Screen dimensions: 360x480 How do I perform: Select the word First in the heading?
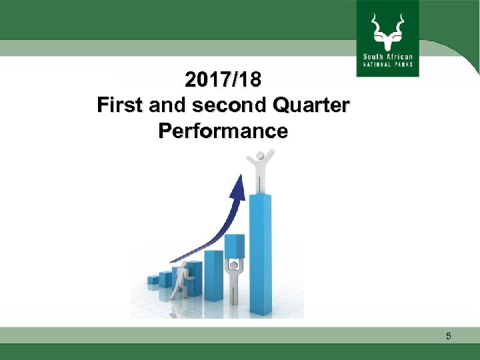[119, 105]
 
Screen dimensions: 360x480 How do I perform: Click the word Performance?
[223, 131]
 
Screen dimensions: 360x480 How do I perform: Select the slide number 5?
[449, 337]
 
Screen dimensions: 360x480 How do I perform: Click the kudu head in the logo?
[388, 39]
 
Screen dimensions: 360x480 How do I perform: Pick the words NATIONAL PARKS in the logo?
[388, 65]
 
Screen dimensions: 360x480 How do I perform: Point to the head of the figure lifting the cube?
[233, 265]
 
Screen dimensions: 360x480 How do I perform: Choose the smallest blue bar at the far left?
[153, 279]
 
